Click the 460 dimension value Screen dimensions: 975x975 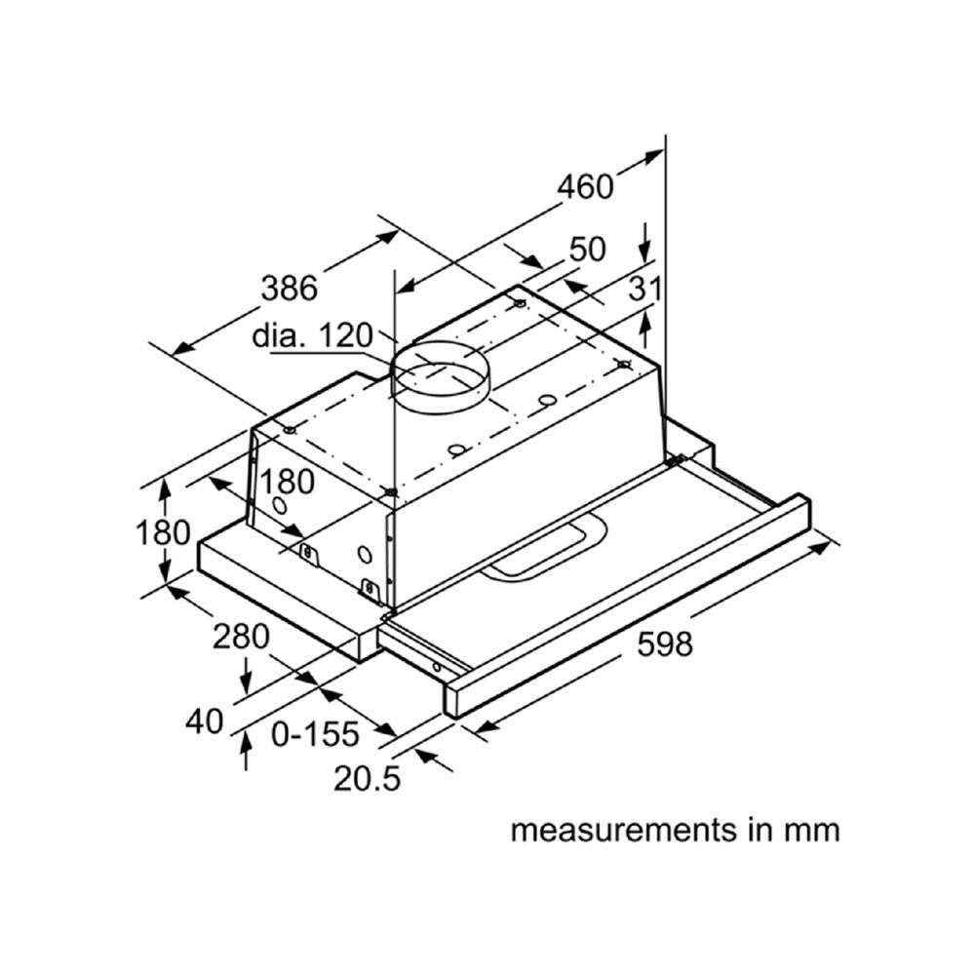coord(585,185)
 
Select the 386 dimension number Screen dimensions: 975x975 coord(290,288)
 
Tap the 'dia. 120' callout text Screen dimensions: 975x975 coord(312,336)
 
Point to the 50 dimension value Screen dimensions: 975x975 coord(587,250)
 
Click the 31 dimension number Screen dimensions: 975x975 coord(644,289)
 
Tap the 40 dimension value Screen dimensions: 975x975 coord(204,721)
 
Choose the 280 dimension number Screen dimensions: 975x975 coord(241,637)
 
